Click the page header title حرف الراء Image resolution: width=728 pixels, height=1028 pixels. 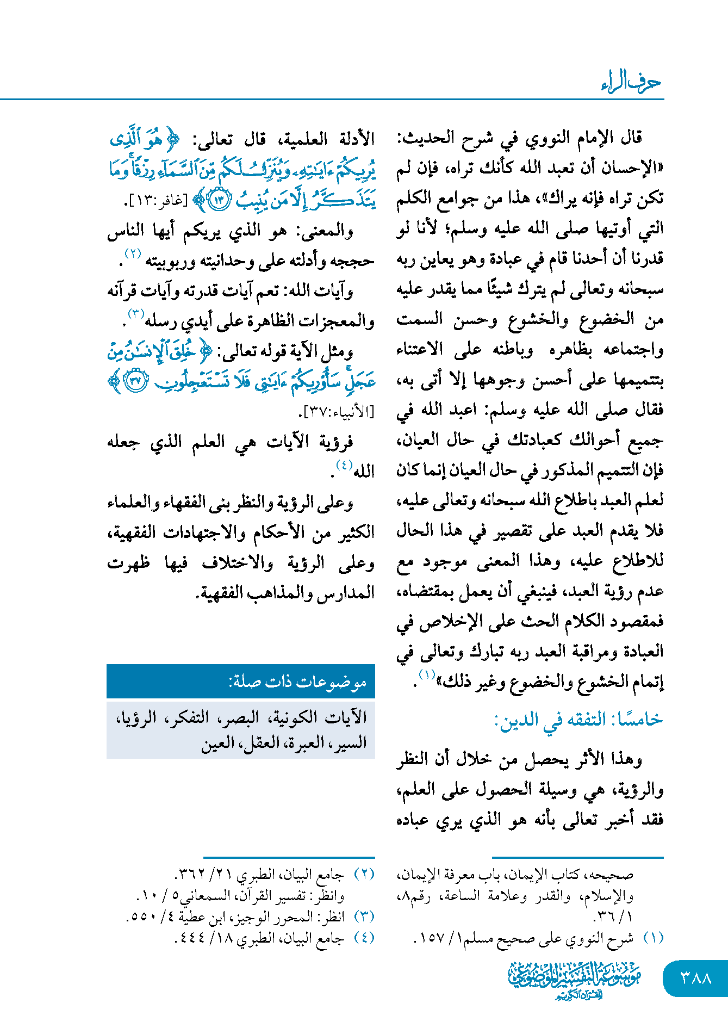631,83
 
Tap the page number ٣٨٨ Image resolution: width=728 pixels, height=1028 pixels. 696,978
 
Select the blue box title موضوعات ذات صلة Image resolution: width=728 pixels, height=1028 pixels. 297,682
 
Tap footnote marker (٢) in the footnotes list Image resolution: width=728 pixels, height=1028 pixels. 364,875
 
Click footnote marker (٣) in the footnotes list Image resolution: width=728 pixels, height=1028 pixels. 364,916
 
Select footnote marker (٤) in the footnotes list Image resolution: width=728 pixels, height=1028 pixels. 364,938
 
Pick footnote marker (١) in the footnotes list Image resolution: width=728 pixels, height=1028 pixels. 653,938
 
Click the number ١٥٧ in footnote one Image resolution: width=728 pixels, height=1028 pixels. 429,938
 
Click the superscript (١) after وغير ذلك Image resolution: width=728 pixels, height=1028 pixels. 427,675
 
